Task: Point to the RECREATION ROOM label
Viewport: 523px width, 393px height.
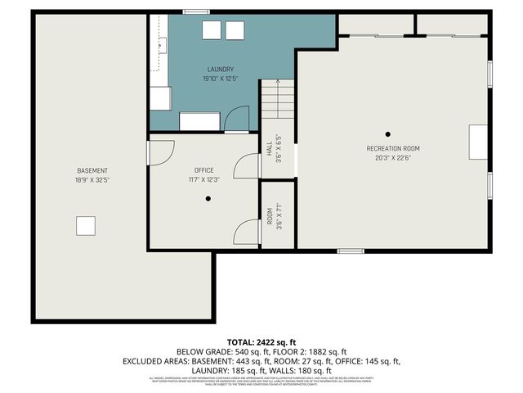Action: [393, 148]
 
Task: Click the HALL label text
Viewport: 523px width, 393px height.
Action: [270, 148]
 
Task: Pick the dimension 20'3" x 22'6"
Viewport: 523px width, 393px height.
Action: [393, 158]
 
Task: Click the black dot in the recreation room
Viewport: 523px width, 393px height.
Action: [388, 133]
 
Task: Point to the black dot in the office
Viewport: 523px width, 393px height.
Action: [208, 198]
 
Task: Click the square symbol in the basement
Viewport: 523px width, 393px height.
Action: [85, 225]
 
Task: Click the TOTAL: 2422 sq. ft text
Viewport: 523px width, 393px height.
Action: [261, 341]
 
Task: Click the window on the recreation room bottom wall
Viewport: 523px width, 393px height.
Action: [351, 251]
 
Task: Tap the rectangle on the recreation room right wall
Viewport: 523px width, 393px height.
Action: [477, 142]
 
